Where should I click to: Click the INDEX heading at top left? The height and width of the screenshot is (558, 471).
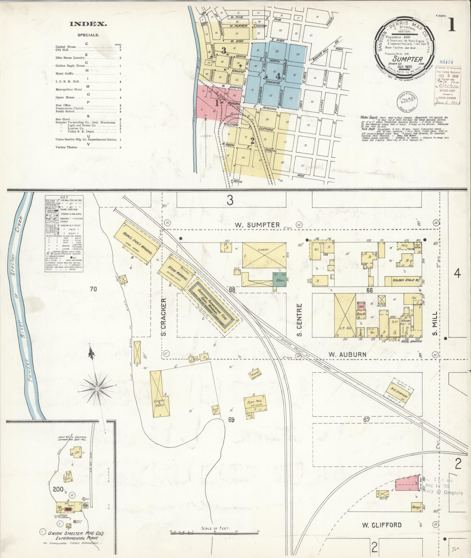coord(88,24)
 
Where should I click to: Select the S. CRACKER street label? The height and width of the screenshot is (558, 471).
coord(164,316)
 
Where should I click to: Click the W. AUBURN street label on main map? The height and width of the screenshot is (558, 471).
coord(347,354)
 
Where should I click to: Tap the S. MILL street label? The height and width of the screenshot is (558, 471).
coord(435,323)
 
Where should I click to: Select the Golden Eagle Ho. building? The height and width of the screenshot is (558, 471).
coord(402,281)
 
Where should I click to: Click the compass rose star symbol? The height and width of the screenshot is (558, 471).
coord(97,389)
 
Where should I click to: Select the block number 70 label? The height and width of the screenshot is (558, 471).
coord(93,289)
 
